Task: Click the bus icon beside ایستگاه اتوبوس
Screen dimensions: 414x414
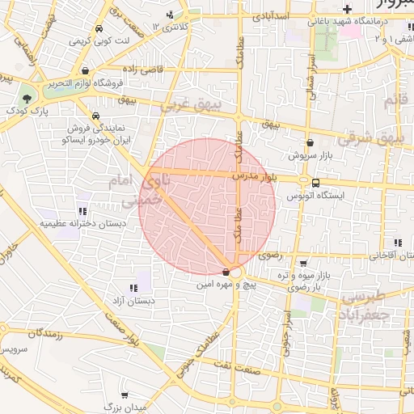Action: (x=315, y=183)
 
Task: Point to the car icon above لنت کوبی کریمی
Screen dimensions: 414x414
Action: (x=98, y=28)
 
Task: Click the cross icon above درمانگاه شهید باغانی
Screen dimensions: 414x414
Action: (x=347, y=10)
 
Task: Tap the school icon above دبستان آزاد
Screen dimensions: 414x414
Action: (x=133, y=288)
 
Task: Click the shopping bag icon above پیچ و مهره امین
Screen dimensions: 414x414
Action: (x=225, y=272)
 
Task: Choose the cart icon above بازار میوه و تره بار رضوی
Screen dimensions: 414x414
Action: (x=302, y=263)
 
